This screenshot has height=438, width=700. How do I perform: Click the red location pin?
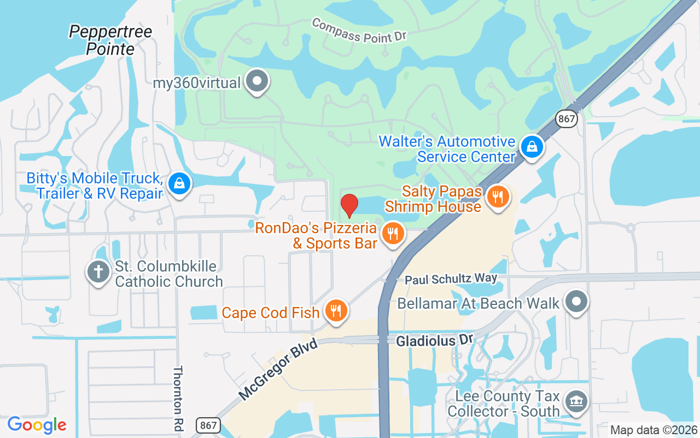pos(349,205)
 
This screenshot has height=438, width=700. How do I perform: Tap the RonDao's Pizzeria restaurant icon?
pos(393,234)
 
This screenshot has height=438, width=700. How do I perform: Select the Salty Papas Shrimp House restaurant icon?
pos(498,197)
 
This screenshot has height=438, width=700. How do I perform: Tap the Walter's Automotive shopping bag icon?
pos(531,147)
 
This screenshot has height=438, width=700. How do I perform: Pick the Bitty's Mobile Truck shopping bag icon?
pos(179,184)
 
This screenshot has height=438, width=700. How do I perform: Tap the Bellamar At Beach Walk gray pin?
pos(576,302)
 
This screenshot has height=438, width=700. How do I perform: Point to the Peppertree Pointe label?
pos(110,40)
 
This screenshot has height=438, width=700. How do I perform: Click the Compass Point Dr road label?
pos(359,31)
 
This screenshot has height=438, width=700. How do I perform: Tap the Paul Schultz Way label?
pos(451,279)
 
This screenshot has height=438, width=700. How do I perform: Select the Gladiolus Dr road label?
pos(434,340)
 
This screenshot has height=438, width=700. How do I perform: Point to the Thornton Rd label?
pos(178,399)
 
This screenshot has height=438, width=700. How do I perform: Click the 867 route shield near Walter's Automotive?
pos(567,118)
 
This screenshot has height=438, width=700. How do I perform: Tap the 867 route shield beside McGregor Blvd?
pos(210,425)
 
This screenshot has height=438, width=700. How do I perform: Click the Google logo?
pos(37,425)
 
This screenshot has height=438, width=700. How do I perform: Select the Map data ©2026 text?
pos(654,430)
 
